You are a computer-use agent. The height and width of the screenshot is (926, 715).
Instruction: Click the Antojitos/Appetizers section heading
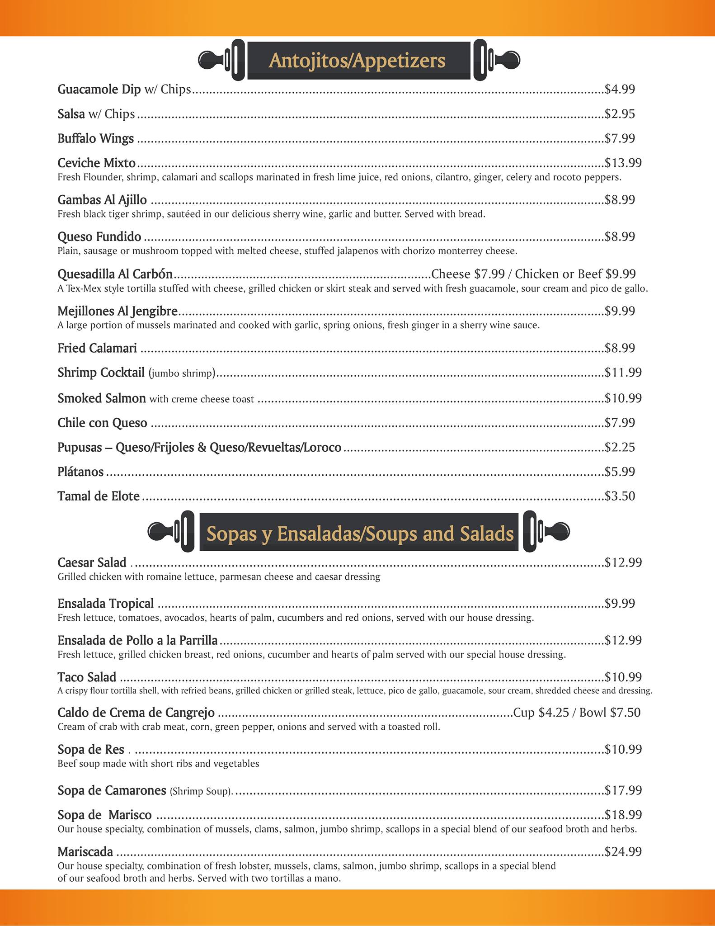pos(357,61)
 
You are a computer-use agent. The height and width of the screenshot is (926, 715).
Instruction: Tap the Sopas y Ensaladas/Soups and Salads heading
pos(360,534)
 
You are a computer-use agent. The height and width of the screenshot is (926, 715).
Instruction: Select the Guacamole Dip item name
pos(99,90)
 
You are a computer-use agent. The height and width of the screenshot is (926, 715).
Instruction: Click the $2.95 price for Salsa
pos(620,114)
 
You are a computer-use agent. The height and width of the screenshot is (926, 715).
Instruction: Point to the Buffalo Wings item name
pos(95,138)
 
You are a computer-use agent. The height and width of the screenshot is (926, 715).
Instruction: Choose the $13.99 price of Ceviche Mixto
pos(623,163)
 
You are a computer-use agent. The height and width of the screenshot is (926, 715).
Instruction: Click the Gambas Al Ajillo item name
pos(102,200)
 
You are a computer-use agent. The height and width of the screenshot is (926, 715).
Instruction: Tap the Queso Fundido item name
pos(99,237)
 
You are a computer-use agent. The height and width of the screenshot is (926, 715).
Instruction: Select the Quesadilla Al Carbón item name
pos(115,274)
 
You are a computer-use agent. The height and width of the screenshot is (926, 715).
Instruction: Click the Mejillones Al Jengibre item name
pos(118,311)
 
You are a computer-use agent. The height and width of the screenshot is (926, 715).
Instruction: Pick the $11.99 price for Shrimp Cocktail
pos(623,373)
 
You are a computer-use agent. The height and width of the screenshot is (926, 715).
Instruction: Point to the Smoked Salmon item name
pos(102,398)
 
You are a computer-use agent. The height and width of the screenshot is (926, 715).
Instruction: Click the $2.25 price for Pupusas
pos(620,447)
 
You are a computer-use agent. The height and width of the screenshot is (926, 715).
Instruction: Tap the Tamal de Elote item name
pos(99,496)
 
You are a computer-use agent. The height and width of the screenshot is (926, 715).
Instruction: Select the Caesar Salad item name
pos(92,562)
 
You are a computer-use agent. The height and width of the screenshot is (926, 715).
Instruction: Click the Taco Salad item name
pos(87,677)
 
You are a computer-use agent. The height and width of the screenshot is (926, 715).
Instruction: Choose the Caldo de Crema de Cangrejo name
pos(136,713)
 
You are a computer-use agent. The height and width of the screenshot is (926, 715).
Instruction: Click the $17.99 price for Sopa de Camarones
pos(623,790)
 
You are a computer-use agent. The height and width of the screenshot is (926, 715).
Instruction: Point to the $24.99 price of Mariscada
pos(623,852)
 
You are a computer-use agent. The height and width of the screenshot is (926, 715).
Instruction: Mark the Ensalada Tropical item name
pos(106,604)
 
